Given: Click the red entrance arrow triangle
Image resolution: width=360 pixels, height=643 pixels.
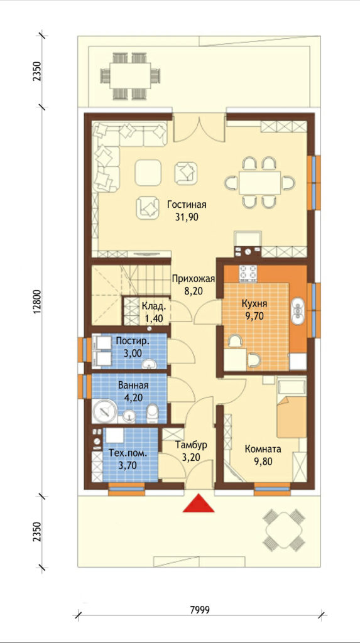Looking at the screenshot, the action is (x=199, y=504).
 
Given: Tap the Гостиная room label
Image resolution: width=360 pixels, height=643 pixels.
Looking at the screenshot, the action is (x=187, y=205).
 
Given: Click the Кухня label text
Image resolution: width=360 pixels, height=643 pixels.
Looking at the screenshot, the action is (x=254, y=304).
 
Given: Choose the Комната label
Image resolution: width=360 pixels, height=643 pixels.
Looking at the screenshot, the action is (x=263, y=448).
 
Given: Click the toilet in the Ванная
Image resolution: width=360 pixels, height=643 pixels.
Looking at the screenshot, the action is (x=152, y=413).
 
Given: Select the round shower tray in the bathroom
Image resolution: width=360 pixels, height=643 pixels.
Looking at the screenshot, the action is (x=105, y=411).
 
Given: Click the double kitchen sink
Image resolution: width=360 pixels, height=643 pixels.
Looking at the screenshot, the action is (x=298, y=311).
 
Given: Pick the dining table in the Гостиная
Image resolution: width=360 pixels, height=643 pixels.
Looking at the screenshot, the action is (x=260, y=183).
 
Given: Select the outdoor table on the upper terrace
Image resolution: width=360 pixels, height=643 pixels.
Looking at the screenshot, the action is (x=129, y=75).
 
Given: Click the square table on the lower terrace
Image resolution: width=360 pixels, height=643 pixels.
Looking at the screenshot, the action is (x=283, y=529).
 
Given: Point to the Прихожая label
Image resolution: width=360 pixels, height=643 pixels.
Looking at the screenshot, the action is (x=194, y=279).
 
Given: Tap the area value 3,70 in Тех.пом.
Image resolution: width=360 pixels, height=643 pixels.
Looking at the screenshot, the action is (x=128, y=465).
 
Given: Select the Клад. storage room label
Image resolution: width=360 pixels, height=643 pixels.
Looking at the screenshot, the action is (x=154, y=306).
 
